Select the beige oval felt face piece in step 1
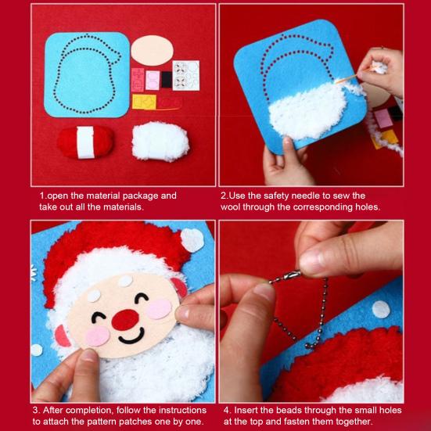click(x=152, y=51)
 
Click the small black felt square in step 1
click(x=166, y=79)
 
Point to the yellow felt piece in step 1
click(x=144, y=102)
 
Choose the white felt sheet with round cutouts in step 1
click(x=185, y=74)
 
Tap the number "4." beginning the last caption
click(x=226, y=410)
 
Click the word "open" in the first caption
click(x=58, y=196)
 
